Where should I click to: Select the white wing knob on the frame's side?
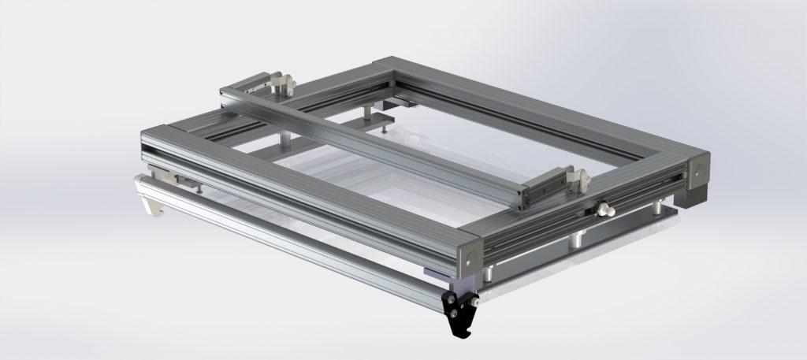[606, 210]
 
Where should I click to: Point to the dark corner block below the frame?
[694, 193]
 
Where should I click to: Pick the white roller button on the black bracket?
[476, 302]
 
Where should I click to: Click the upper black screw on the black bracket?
[451, 297]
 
